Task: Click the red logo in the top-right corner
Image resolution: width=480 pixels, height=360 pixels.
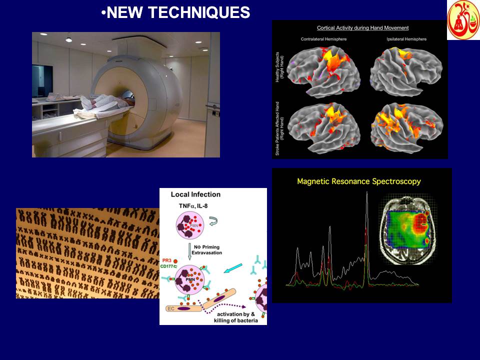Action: pyautogui.click(x=463, y=20)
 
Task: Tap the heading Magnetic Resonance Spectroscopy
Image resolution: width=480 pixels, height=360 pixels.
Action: pyautogui.click(x=358, y=181)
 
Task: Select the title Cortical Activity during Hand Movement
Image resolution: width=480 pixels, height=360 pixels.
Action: pyautogui.click(x=362, y=28)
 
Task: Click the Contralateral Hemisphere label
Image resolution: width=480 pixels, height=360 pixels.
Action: pyautogui.click(x=323, y=38)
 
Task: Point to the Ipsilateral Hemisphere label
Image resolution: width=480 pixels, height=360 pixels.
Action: pyautogui.click(x=408, y=38)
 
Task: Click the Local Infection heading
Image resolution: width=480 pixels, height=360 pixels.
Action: pyautogui.click(x=195, y=194)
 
